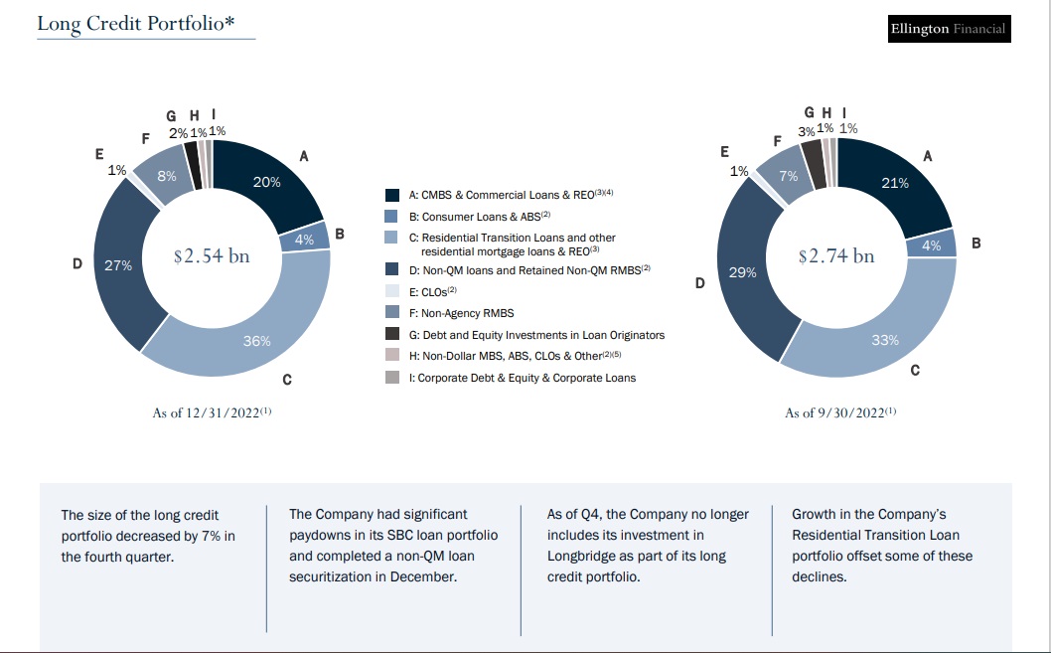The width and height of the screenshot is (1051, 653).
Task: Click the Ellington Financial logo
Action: click(x=949, y=29)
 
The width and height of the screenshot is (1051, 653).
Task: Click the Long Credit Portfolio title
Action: click(x=136, y=24)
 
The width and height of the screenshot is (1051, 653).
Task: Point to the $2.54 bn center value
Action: click(x=212, y=255)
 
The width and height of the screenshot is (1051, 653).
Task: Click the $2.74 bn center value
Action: click(x=836, y=255)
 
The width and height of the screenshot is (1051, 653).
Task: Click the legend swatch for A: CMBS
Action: click(x=392, y=195)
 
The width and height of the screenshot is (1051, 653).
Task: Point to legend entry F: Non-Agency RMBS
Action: click(x=462, y=313)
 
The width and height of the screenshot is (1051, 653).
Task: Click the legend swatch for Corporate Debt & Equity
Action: click(x=392, y=378)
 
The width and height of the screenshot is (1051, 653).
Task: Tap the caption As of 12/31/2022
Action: click(x=212, y=412)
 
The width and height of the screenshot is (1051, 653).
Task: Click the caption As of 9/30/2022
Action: click(x=840, y=412)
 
